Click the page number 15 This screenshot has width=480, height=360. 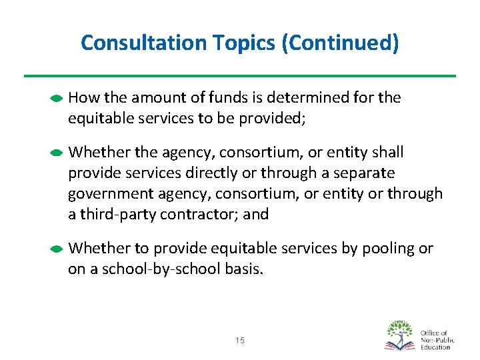pyautogui.click(x=240, y=341)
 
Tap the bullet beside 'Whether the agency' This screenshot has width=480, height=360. pyautogui.click(x=57, y=153)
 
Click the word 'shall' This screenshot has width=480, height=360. pyautogui.click(x=388, y=153)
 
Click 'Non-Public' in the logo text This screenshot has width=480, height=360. pyautogui.click(x=437, y=340)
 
